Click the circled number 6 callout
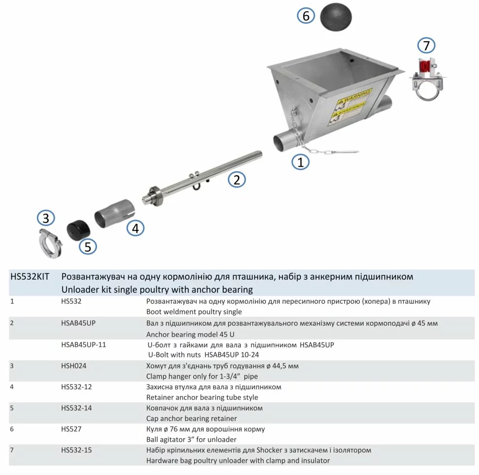coord(306,16)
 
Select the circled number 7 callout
coord(426,46)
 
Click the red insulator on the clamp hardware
coord(424,66)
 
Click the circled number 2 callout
coord(237,180)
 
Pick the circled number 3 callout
coord(46,218)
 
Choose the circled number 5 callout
coord(88,247)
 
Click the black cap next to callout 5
coord(76,229)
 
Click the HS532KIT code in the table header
coord(29,277)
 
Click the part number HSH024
coord(74,366)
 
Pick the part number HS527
coord(71,429)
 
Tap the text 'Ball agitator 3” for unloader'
coord(191,440)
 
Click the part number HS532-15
coord(77,450)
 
